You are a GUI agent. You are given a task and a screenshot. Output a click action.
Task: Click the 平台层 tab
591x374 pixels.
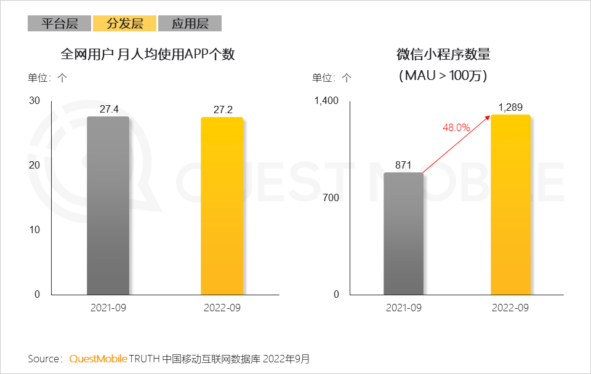(59, 24)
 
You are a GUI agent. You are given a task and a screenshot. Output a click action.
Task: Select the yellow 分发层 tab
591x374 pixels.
(124, 24)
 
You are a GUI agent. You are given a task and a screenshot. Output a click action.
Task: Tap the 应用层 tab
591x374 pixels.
(190, 24)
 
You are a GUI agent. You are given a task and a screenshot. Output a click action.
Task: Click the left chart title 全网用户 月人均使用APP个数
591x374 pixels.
(148, 55)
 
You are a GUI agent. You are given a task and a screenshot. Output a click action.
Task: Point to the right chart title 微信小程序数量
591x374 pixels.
(443, 55)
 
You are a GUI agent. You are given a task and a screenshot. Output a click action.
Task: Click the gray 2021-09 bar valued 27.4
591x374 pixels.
(108, 206)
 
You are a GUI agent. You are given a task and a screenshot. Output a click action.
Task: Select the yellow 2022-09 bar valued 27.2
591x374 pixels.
(222, 206)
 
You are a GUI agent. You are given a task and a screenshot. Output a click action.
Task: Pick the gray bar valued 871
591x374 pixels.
(403, 234)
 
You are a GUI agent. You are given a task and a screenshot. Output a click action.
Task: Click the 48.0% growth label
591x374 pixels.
(456, 128)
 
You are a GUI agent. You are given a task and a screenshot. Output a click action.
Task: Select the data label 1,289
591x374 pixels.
(510, 108)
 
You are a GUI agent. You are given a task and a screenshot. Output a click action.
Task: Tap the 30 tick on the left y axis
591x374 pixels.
(34, 101)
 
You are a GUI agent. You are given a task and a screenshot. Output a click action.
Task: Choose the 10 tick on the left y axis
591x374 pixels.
(34, 230)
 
